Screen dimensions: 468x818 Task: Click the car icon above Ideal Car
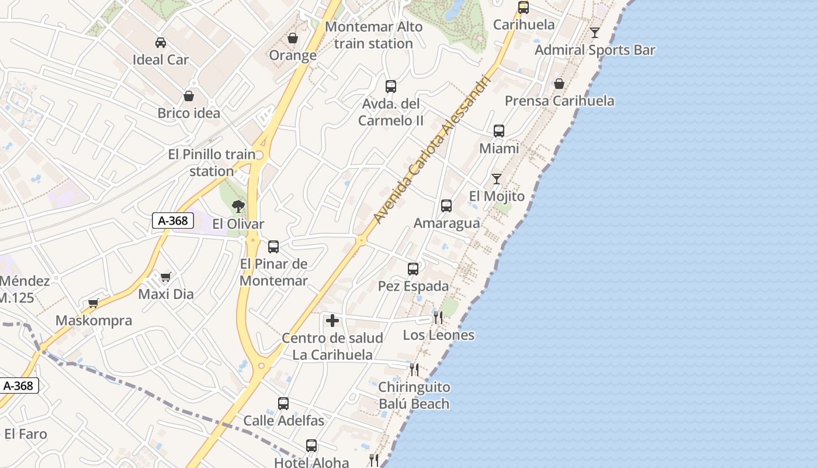point(161,42)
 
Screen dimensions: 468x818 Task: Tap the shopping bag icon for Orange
point(293,38)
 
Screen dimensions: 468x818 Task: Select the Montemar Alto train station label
point(373,35)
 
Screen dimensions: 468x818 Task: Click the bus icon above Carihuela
point(524,8)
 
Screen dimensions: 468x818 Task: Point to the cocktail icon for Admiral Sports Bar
point(595,33)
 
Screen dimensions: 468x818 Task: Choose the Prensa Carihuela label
point(559,101)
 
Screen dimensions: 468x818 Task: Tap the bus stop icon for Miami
point(499,131)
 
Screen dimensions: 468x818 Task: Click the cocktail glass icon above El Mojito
point(497,179)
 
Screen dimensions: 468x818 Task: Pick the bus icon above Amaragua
point(446,206)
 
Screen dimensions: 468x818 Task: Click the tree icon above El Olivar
point(238,206)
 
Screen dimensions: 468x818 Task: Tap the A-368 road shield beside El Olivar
point(173,221)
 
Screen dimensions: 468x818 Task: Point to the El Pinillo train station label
point(212,163)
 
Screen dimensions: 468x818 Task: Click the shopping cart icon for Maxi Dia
point(166,277)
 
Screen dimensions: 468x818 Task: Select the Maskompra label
point(93,321)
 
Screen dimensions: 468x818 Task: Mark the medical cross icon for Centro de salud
point(332,321)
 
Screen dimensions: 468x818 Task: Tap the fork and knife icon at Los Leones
point(438,318)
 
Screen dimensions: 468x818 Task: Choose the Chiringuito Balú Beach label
point(414,395)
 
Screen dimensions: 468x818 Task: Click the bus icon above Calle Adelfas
point(283,403)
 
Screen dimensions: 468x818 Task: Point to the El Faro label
point(26,434)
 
